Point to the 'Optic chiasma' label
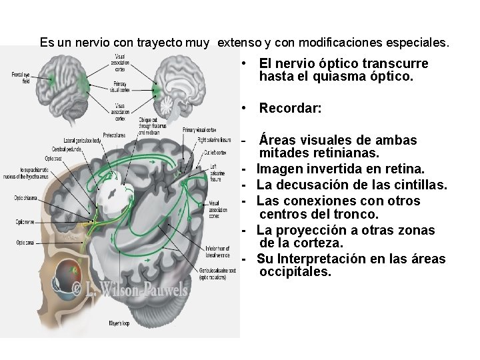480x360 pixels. [x=25, y=198]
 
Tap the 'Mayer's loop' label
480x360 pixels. [x=120, y=323]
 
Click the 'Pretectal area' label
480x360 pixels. [x=114, y=135]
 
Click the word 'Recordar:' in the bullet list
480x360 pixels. [x=290, y=107]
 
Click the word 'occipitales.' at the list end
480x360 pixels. [x=295, y=273]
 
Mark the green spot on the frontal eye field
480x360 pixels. [x=53, y=80]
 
